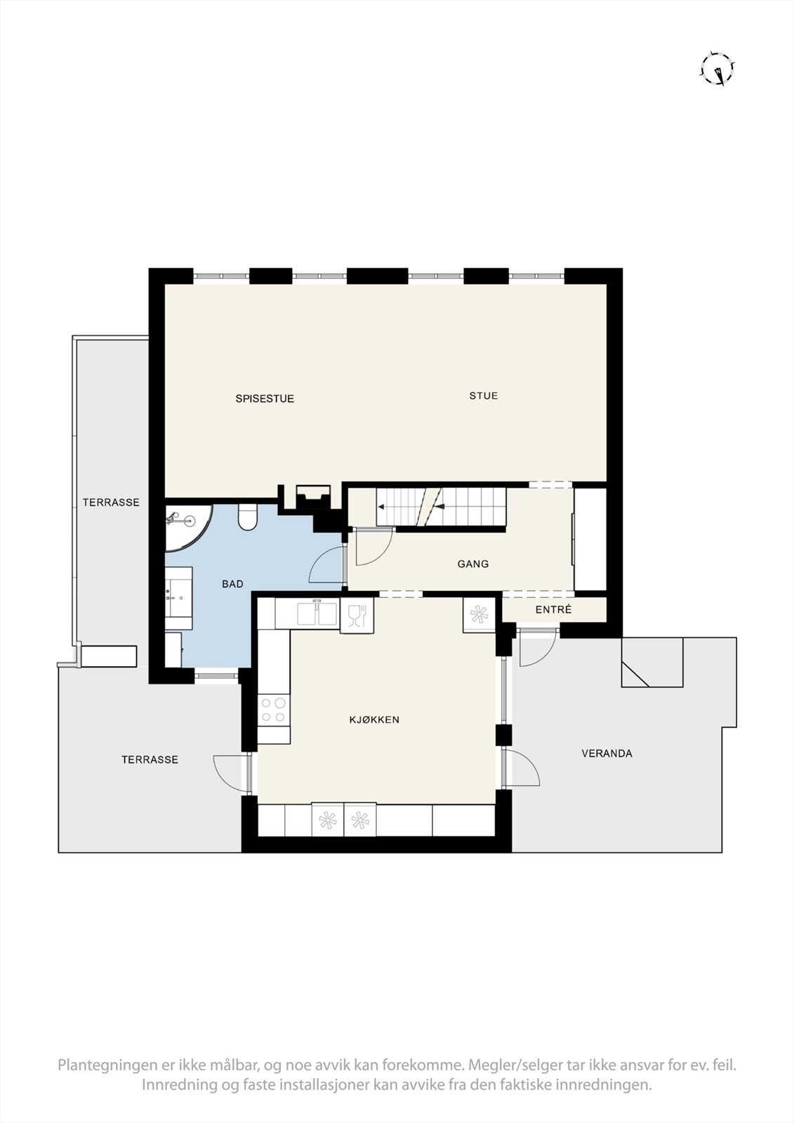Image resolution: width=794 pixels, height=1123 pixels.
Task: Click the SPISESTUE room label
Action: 264,399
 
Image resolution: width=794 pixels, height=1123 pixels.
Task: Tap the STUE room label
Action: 484,396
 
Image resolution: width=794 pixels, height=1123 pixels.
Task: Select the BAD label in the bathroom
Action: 232,584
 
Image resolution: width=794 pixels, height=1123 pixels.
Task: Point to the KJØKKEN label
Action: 374,719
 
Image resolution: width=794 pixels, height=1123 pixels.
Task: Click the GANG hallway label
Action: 472,564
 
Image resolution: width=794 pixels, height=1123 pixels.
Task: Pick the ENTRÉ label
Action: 553,610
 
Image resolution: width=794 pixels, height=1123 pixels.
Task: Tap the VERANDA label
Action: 607,754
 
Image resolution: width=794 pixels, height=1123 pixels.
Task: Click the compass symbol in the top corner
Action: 717,69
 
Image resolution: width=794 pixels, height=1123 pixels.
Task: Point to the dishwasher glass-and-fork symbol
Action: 357,616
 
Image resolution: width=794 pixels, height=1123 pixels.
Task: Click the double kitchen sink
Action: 317,613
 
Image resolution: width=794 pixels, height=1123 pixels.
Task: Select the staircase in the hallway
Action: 441,505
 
